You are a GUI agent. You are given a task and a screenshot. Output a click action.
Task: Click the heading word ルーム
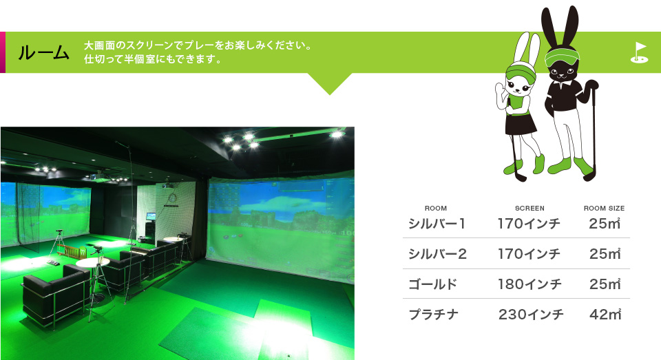point(43,53)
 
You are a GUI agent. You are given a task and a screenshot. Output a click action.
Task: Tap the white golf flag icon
point(639,53)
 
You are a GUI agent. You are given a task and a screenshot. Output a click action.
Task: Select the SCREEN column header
point(529,209)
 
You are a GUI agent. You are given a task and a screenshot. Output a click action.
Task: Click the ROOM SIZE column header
point(604,209)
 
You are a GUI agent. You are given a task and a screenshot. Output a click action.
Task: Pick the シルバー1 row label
point(437,224)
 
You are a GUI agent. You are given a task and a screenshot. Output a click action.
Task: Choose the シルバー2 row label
point(437,254)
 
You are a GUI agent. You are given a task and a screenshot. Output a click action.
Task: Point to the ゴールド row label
point(432,284)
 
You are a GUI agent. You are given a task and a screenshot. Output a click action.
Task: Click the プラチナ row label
point(433,315)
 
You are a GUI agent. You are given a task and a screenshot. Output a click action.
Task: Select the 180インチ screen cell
point(529,284)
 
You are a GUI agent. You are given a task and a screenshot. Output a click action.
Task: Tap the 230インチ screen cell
point(531,315)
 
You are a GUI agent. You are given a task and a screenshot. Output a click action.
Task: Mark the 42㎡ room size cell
point(605,315)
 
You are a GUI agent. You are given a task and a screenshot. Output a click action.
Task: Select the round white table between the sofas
point(93,262)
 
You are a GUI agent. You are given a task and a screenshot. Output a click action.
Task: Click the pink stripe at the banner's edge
point(3,52)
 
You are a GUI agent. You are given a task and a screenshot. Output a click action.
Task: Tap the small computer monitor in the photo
point(151,216)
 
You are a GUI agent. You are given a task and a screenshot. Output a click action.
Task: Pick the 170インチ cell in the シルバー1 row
point(529,224)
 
